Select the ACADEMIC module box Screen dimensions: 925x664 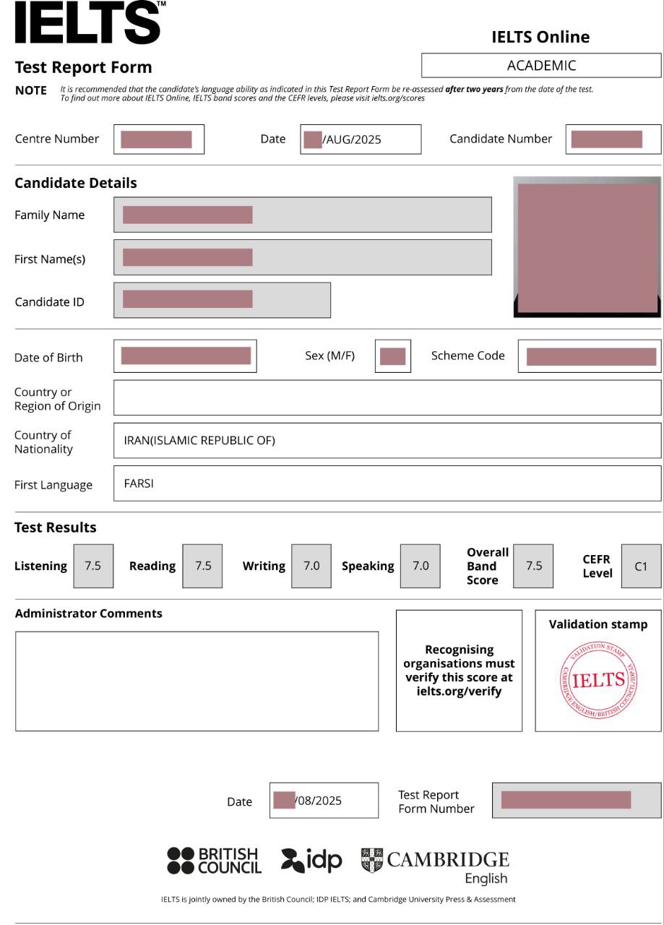coord(541,66)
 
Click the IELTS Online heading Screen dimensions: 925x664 coord(540,37)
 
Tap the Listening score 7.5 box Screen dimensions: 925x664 coord(93,566)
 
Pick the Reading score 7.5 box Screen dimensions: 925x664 coord(202,566)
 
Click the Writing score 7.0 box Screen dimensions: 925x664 coord(311,566)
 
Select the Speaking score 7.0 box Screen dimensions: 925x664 coord(421,566)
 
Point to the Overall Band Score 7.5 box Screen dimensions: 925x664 coord(533,566)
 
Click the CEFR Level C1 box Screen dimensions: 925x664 coord(641,566)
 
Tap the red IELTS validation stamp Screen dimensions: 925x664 coord(598,680)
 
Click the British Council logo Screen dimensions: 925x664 coord(214,861)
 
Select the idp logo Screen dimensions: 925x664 coord(311,860)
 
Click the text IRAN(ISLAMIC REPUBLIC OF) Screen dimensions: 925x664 coord(199,440)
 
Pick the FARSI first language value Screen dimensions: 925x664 coord(139,483)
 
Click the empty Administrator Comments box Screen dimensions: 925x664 coord(197,681)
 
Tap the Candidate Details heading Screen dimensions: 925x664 coord(76,183)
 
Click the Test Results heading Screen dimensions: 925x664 coord(56,528)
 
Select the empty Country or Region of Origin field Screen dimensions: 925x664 coord(387,397)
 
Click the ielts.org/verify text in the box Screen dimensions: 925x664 coord(459,691)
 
